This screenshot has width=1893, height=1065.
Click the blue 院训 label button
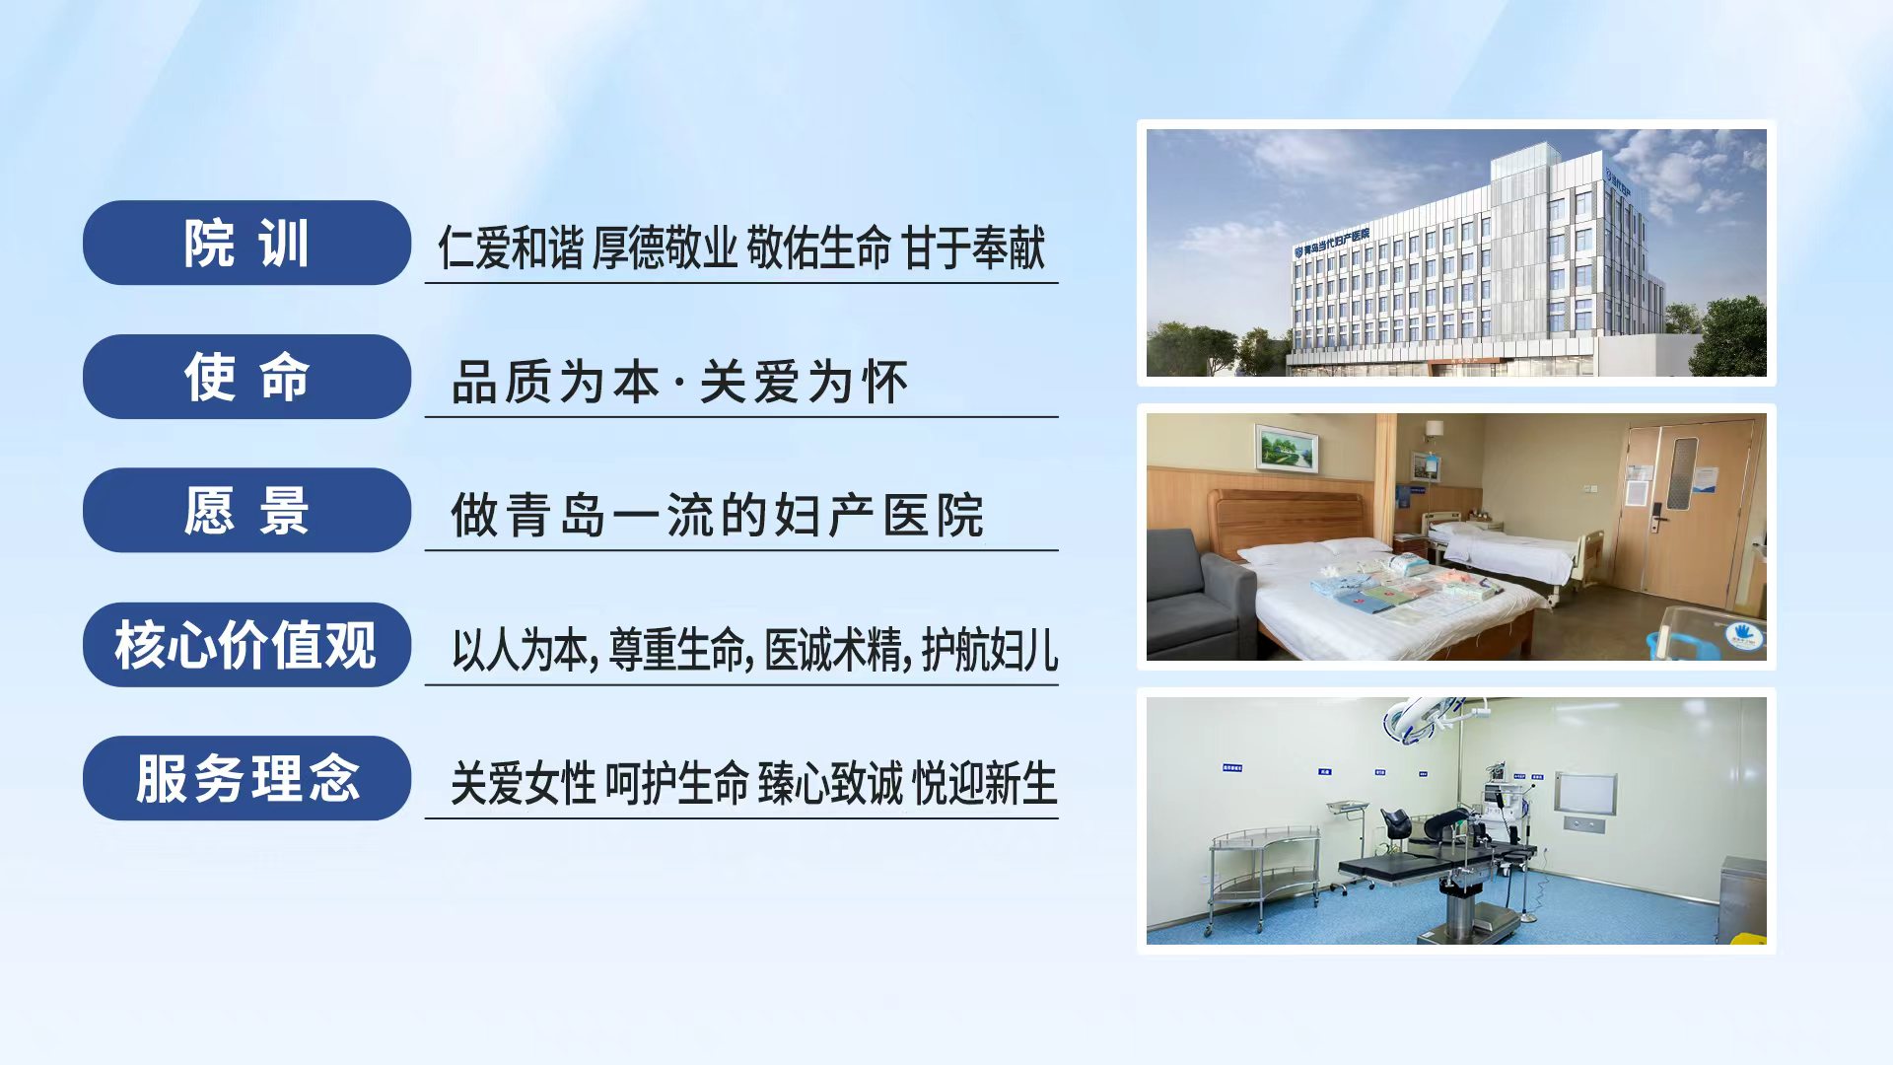[246, 243]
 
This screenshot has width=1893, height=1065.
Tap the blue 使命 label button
[246, 377]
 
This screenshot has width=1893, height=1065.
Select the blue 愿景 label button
[246, 510]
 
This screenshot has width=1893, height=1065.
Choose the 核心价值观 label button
[246, 645]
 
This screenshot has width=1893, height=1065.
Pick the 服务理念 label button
[246, 778]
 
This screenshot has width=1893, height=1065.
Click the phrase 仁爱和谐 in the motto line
[511, 247]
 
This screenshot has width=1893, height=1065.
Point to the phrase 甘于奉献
[973, 247]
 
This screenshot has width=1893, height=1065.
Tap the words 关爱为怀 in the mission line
[804, 382]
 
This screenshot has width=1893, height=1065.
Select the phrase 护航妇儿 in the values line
[990, 650]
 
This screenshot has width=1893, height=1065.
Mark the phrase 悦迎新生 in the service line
[985, 784]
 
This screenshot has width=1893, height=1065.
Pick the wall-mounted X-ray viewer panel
[1586, 794]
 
